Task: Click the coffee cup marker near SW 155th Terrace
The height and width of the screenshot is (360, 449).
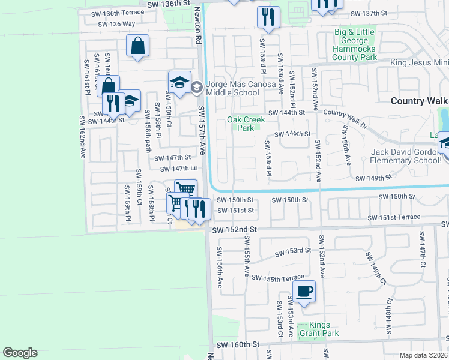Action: coord(304,292)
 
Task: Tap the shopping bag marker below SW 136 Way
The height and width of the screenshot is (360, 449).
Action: coord(137,46)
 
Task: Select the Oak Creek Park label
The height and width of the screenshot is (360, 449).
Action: coord(246,124)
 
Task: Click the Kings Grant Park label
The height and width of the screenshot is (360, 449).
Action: coord(320,329)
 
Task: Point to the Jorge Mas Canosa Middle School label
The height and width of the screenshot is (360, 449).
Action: coord(232,88)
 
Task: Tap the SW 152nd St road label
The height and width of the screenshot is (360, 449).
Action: coord(235,229)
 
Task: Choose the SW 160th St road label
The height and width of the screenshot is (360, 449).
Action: coord(237,345)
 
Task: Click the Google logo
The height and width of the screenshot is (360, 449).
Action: coord(20,353)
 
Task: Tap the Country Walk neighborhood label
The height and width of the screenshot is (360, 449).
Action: coord(419,101)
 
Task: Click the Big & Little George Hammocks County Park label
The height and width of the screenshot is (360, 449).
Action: coord(355,44)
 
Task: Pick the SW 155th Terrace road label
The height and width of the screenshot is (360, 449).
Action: coord(278,278)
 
